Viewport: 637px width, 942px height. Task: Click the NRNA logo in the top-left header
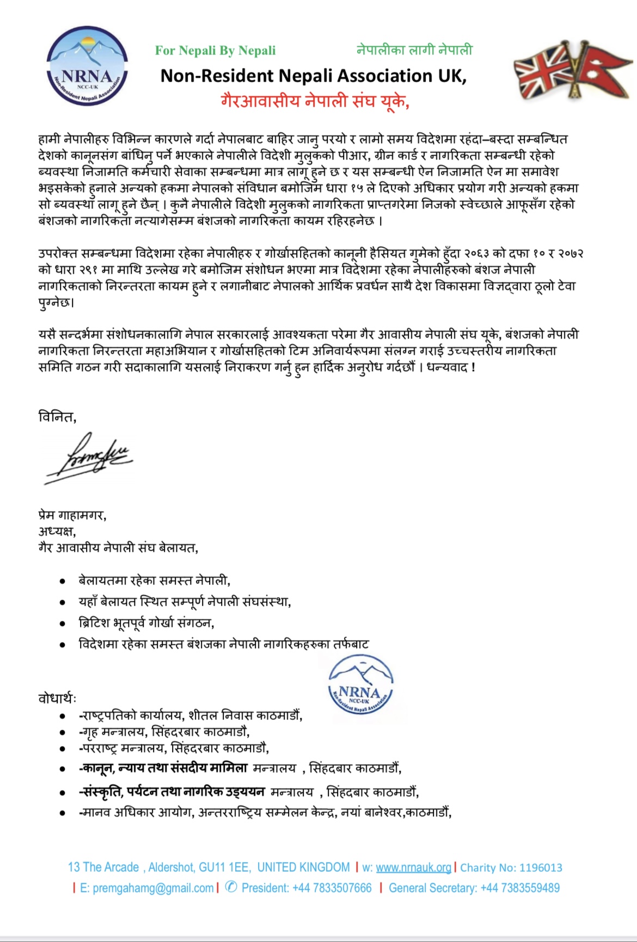pyautogui.click(x=88, y=65)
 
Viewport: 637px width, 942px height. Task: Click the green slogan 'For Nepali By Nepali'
pyautogui.click(x=215, y=51)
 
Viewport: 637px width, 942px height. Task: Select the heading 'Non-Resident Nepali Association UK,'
pyautogui.click(x=313, y=76)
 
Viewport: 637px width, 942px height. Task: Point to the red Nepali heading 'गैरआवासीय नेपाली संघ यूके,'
pyautogui.click(x=315, y=101)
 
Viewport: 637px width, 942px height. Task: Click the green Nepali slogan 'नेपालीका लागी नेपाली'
pyautogui.click(x=414, y=50)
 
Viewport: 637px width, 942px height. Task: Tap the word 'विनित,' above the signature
pyautogui.click(x=57, y=417)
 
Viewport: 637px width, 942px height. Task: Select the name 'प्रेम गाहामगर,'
pyautogui.click(x=72, y=514)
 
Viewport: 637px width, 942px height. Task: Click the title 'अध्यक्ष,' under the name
pyautogui.click(x=57, y=531)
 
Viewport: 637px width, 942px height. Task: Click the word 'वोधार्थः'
pyautogui.click(x=57, y=698)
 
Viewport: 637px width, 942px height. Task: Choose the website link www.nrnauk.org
pyautogui.click(x=413, y=867)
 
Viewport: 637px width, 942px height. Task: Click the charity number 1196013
pyautogui.click(x=541, y=867)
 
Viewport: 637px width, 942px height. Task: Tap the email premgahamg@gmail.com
pyautogui.click(x=147, y=888)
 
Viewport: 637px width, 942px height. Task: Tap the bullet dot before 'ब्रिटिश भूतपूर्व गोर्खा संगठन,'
pyautogui.click(x=63, y=624)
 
